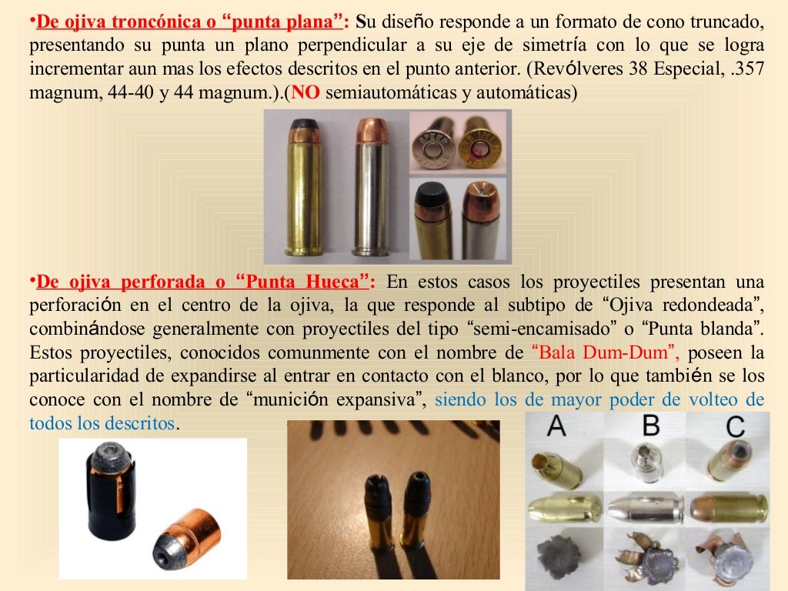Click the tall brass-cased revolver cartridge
tap(304, 189)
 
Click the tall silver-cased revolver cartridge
tap(372, 189)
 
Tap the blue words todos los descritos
tap(102, 423)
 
